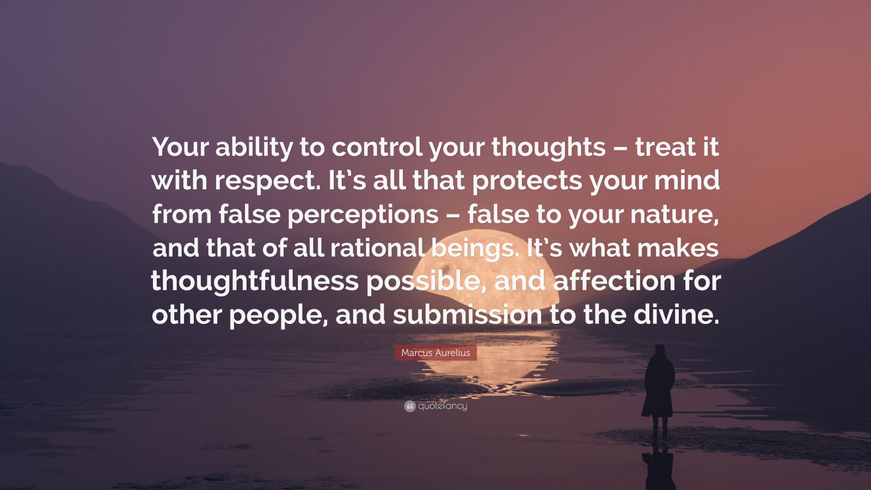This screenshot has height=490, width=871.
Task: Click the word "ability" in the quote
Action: pyautogui.click(x=253, y=148)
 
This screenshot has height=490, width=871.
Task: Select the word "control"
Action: pyautogui.click(x=377, y=148)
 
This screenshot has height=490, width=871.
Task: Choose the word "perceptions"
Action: pyautogui.click(x=363, y=215)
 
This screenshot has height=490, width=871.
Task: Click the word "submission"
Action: pyautogui.click(x=467, y=315)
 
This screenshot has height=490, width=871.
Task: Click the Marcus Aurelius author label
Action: pyautogui.click(x=436, y=353)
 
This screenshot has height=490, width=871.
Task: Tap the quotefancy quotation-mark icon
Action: pyautogui.click(x=410, y=406)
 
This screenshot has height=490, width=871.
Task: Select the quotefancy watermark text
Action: pyautogui.click(x=443, y=406)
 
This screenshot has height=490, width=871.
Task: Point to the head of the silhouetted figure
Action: pyautogui.click(x=660, y=350)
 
